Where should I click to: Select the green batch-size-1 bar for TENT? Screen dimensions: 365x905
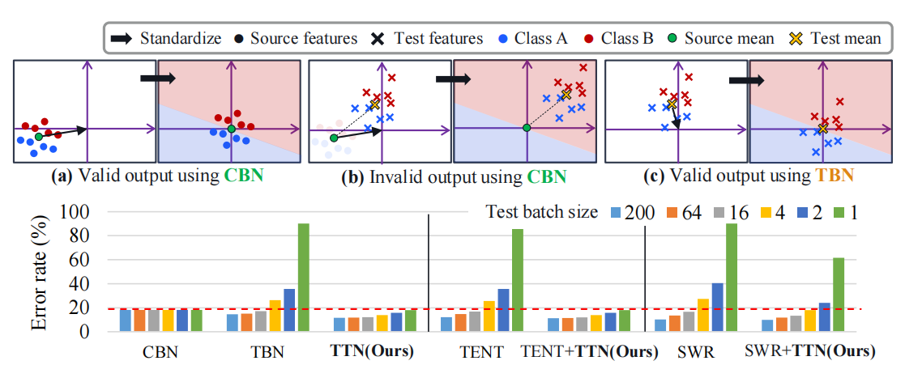(517, 280)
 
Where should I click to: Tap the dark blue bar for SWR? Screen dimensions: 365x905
(716, 308)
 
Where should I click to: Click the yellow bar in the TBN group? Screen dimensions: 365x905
(275, 316)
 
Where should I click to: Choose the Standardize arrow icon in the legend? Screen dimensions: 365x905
(121, 37)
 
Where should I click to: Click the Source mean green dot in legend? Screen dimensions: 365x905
(673, 38)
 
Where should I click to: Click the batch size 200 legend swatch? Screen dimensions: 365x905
(613, 213)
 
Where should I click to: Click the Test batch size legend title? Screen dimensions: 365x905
(542, 213)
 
